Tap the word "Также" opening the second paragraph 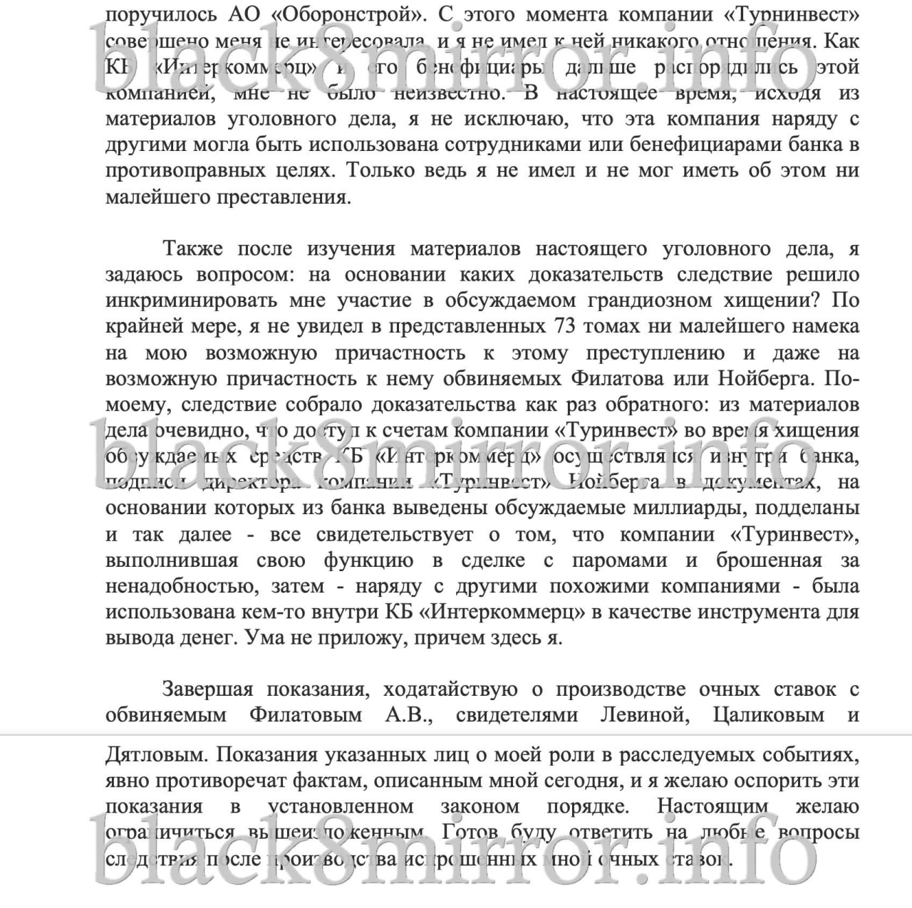coord(192,249)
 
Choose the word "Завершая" coord(207,689)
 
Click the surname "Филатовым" coord(306,714)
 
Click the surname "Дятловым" coord(154,755)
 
